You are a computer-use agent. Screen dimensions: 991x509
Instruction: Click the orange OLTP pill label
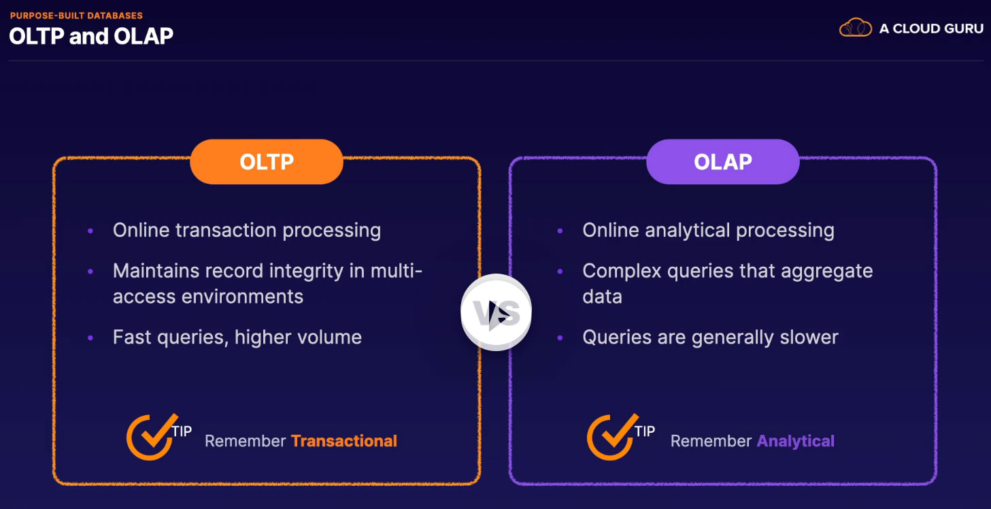267,161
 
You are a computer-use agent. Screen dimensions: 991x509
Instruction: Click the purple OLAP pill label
723,161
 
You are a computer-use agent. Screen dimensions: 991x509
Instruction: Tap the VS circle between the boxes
496,312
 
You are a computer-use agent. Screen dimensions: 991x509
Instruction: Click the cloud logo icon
855,27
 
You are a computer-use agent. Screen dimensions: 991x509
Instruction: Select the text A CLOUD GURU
931,29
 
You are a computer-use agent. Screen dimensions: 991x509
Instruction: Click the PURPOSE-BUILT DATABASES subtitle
76,16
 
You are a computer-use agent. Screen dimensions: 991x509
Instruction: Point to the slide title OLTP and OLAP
91,36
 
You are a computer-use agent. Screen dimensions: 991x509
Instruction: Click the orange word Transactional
344,441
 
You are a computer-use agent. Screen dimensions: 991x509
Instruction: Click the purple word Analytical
796,441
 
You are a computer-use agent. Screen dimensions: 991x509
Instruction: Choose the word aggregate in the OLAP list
826,272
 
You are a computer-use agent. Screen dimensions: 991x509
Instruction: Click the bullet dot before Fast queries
90,338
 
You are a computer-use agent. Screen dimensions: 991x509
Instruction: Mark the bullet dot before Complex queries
560,272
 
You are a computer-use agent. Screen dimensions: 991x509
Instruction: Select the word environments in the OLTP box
242,297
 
